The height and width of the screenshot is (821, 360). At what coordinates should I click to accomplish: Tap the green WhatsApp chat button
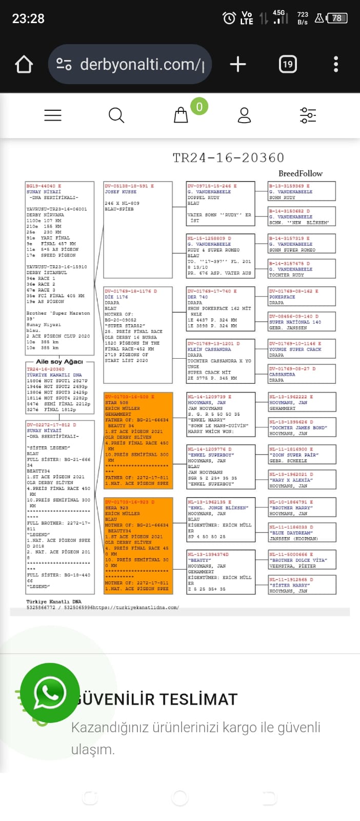click(x=50, y=692)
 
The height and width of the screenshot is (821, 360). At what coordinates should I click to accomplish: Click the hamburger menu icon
click(x=53, y=115)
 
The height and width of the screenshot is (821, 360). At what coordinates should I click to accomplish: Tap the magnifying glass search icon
click(x=116, y=115)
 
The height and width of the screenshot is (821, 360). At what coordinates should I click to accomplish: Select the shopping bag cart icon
click(x=181, y=115)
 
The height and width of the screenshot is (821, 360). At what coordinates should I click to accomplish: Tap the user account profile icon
click(x=244, y=115)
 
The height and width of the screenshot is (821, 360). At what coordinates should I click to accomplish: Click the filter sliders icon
click(x=308, y=115)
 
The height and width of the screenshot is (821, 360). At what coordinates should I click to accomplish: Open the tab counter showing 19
click(x=288, y=64)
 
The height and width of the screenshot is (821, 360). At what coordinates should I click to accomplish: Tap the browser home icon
click(x=24, y=65)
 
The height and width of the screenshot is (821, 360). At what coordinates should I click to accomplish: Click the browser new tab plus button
click(x=237, y=64)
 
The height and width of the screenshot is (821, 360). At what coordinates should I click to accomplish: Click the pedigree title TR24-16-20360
click(x=228, y=158)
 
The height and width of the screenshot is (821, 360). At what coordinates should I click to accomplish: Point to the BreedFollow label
click(x=301, y=173)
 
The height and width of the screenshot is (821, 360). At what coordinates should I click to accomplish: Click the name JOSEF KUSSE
click(x=121, y=192)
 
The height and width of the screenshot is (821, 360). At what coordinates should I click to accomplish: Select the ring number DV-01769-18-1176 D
click(x=131, y=291)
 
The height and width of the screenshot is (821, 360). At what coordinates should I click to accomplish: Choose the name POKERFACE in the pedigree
click(x=283, y=297)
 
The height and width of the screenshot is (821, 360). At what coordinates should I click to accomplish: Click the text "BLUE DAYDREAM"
click(x=291, y=533)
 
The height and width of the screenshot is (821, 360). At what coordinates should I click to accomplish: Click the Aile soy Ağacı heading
click(x=59, y=362)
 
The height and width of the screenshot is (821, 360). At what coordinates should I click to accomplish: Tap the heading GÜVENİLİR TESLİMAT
click(x=156, y=699)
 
